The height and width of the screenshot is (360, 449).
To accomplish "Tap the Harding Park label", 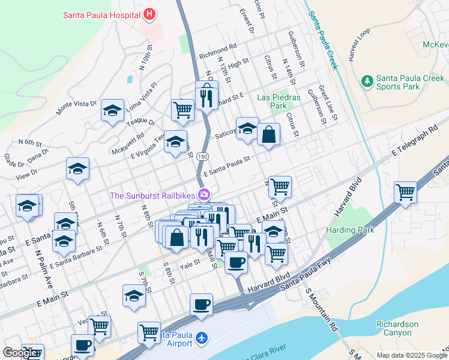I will tap(350, 230).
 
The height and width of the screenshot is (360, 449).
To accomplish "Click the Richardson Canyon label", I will tap(397, 328).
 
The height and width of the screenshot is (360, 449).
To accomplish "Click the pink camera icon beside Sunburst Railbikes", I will tap(205, 194).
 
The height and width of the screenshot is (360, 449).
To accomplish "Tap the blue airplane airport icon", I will tap(201, 338).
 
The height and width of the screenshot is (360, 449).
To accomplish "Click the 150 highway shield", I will tap(204, 156).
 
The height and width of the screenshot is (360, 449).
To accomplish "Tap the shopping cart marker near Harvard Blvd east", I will tap(406, 193).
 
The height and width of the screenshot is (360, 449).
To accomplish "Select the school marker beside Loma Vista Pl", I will tap(112, 110).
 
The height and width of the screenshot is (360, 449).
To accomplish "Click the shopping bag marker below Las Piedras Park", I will tap(269, 134).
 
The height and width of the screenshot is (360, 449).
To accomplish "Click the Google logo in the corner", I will tap(20, 353).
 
